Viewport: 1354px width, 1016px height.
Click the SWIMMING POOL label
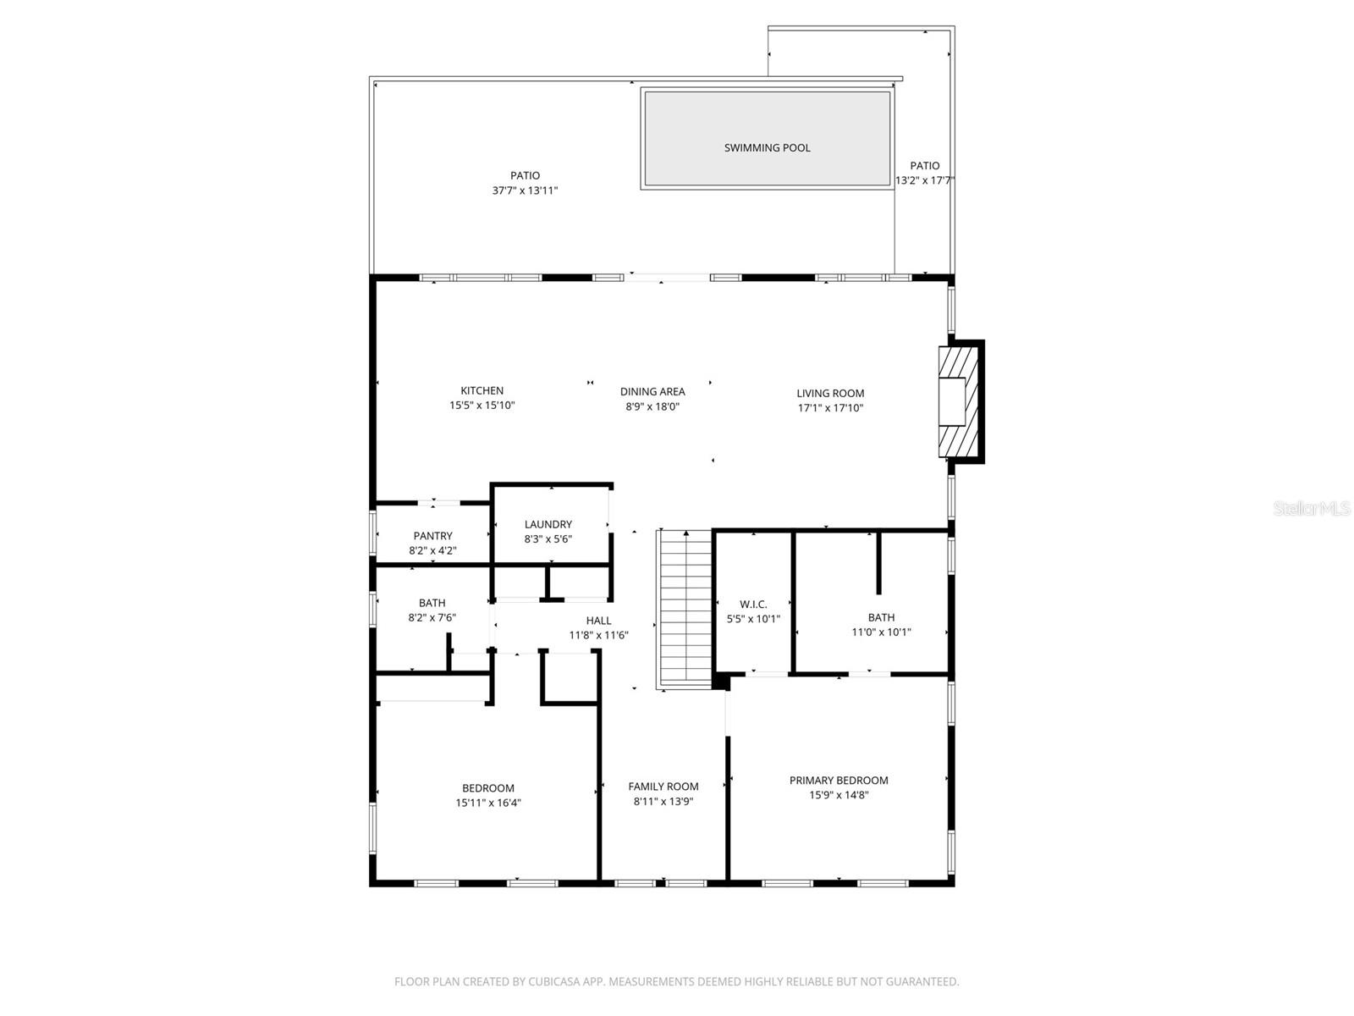pyautogui.click(x=767, y=147)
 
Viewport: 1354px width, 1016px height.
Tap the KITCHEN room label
pyautogui.click(x=482, y=390)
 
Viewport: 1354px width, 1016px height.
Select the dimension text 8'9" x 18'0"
pyautogui.click(x=652, y=406)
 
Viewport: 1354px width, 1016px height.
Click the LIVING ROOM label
pyautogui.click(x=830, y=393)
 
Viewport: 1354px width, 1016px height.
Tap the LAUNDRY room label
pyautogui.click(x=548, y=524)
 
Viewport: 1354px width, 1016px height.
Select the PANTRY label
pyautogui.click(x=432, y=536)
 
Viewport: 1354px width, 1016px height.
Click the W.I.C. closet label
pyautogui.click(x=753, y=604)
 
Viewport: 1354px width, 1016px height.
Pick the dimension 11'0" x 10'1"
pyautogui.click(x=881, y=632)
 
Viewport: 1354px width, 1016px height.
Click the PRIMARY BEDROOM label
pyautogui.click(x=839, y=781)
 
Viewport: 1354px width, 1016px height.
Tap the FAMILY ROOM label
pyautogui.click(x=663, y=787)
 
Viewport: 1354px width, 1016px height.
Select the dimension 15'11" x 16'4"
pyautogui.click(x=488, y=803)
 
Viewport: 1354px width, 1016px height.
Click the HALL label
pyautogui.click(x=598, y=621)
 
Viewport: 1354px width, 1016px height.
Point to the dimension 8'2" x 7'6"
pyautogui.click(x=432, y=618)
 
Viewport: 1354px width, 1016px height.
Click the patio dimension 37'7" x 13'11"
pyautogui.click(x=525, y=190)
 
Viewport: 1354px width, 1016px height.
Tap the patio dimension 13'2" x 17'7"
pyautogui.click(x=925, y=180)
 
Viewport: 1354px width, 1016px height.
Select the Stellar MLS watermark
pyautogui.click(x=1312, y=509)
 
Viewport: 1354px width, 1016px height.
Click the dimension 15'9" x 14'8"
pyautogui.click(x=839, y=795)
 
